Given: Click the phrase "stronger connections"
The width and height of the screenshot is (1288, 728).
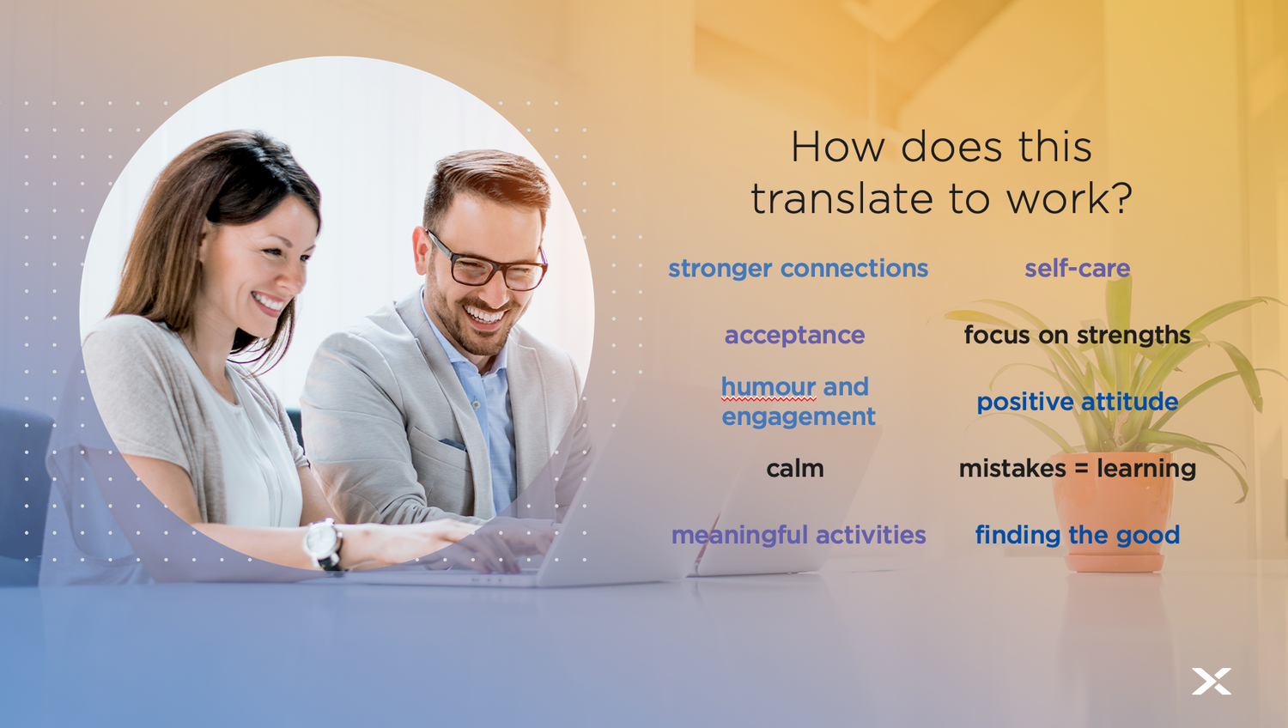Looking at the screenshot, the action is (798, 269).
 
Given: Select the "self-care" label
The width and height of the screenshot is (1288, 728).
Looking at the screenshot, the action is (1078, 269).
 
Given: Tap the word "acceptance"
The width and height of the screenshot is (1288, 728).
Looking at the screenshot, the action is (794, 336).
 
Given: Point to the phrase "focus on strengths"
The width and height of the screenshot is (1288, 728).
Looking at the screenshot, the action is (1077, 335).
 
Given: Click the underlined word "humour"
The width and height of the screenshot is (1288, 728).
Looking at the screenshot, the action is (769, 387).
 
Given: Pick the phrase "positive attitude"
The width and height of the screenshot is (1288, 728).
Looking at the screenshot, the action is (1078, 402).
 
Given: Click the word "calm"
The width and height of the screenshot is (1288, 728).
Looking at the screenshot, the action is (795, 469).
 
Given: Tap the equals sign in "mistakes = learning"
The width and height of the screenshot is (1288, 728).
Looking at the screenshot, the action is (1081, 470).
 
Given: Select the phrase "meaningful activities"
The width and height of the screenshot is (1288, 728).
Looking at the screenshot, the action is (799, 536).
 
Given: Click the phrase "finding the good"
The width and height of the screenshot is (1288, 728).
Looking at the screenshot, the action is (1078, 536).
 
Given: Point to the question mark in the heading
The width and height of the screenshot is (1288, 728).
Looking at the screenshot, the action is (1120, 198).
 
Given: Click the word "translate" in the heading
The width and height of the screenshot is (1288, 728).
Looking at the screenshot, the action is (841, 199).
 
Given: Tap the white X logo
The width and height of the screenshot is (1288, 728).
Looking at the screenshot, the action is (1212, 682).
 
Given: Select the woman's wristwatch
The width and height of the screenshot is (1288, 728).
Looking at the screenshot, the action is (325, 544).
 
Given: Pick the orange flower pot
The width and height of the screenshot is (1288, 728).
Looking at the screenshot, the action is (1115, 518).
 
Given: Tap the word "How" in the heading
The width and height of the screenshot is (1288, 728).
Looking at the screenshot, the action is (838, 147).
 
